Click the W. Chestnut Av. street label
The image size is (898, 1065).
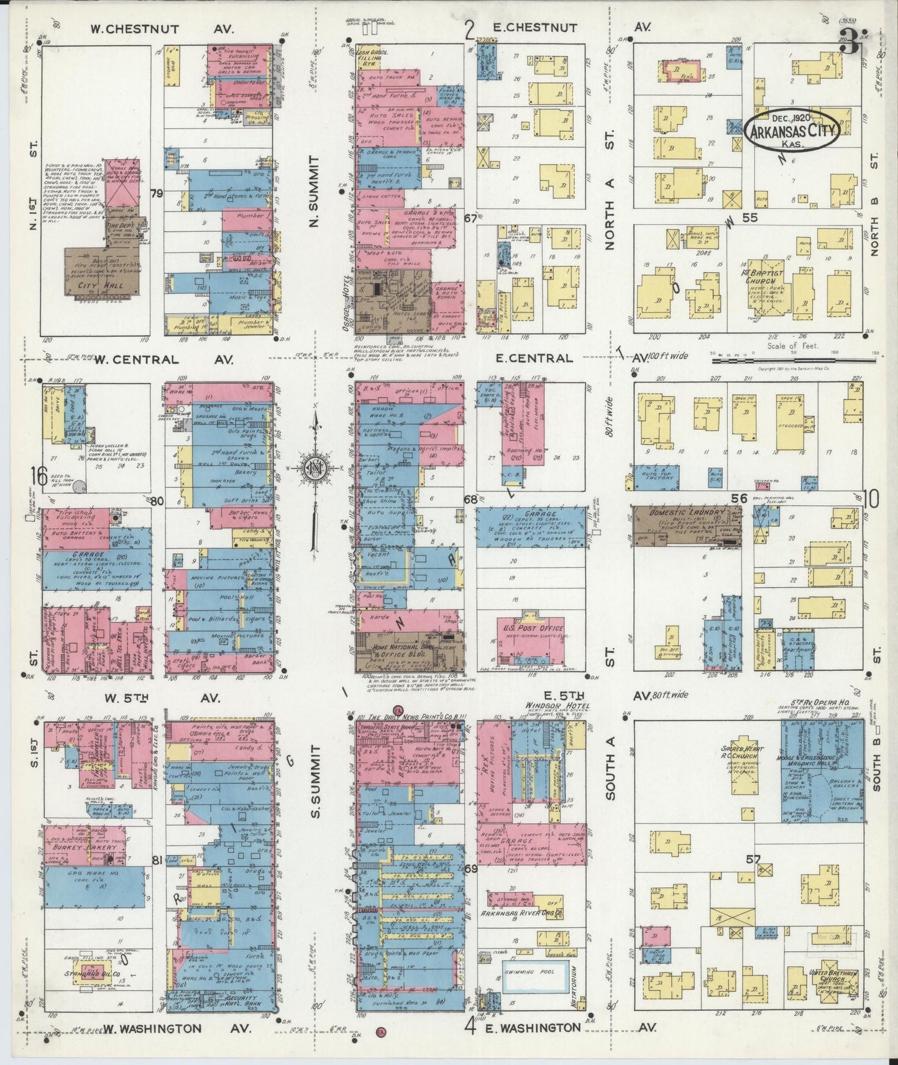point(152,29)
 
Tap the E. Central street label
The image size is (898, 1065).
point(534,358)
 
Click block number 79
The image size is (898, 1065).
point(157,194)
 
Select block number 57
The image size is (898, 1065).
point(754,859)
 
